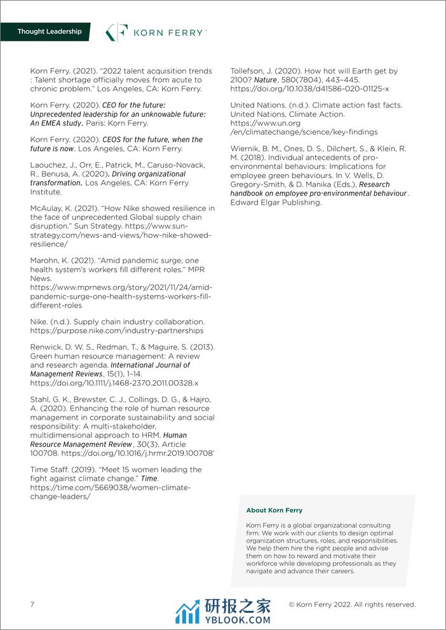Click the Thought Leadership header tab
pyautogui.click(x=50, y=31)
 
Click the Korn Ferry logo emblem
pyautogui.click(x=117, y=32)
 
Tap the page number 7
pyautogui.click(x=32, y=604)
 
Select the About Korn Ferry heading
pyautogui.click(x=274, y=510)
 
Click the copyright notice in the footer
pyautogui.click(x=351, y=604)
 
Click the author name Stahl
pyautogui.click(x=41, y=399)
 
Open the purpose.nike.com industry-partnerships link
pyautogui.click(x=117, y=331)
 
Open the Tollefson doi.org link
pyautogui.click(x=309, y=89)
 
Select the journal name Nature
pyautogui.click(x=266, y=80)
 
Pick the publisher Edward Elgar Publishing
pyautogui.click(x=276, y=202)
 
